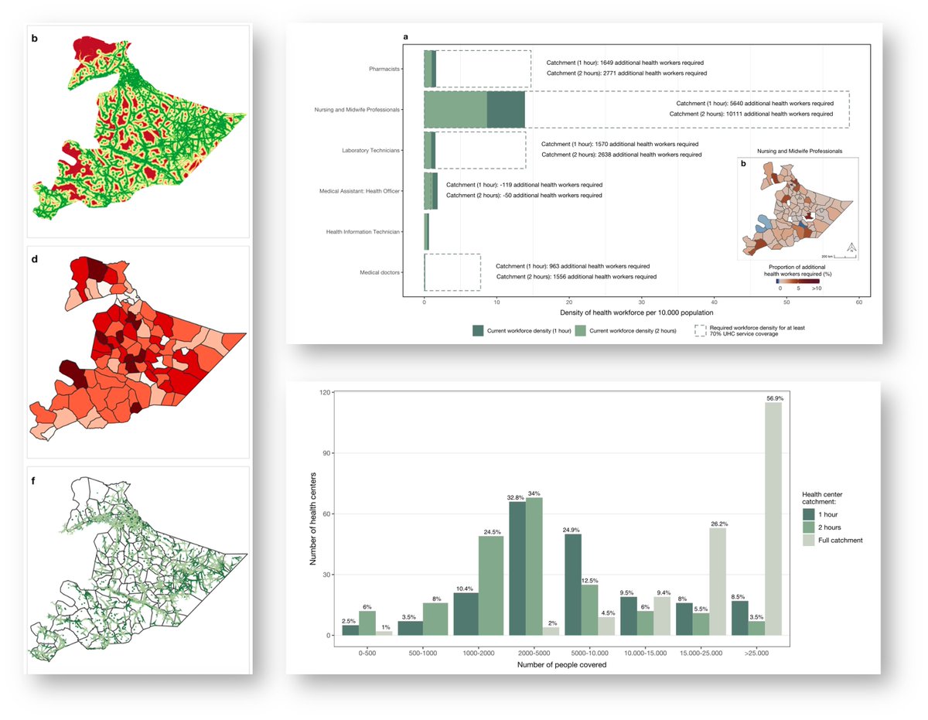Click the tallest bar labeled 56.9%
[773, 518]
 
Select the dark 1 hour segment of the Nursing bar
[506, 109]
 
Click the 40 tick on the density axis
[714, 302]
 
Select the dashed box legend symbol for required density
[700, 330]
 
